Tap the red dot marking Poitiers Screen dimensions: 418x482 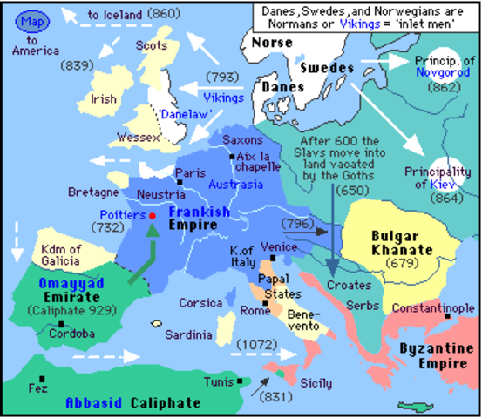[x=153, y=215]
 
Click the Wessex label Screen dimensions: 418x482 [x=139, y=138]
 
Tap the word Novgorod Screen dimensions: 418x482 [x=438, y=74]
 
